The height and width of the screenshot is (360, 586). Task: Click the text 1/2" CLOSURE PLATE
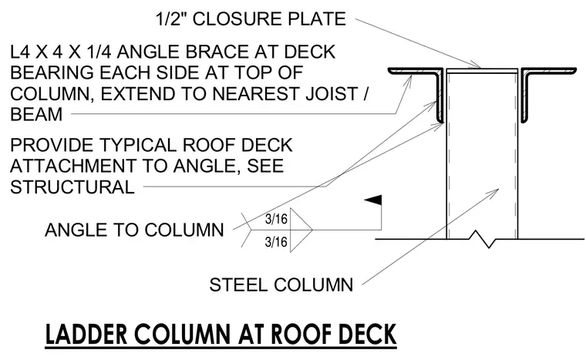pos(251,19)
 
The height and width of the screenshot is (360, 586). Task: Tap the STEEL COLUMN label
pos(281,285)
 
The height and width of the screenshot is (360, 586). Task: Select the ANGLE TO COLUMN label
pos(134,230)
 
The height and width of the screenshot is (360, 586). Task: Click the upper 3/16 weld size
pos(276,219)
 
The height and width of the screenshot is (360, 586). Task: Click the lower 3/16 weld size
pos(276,242)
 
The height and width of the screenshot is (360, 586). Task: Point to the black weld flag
pos(374,200)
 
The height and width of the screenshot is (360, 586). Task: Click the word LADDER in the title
pos(86,335)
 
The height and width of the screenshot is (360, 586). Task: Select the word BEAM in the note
pos(36,114)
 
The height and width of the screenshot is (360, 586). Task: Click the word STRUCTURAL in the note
pos(72,187)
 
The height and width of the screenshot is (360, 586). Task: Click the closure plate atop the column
pos(482,71)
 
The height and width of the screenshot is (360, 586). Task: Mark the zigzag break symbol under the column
pos(482,239)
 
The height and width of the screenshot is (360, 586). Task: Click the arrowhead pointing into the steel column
pos(494,192)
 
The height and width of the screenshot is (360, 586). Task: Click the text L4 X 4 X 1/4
pos(61,52)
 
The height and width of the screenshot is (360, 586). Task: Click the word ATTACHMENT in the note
pos(73,166)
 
